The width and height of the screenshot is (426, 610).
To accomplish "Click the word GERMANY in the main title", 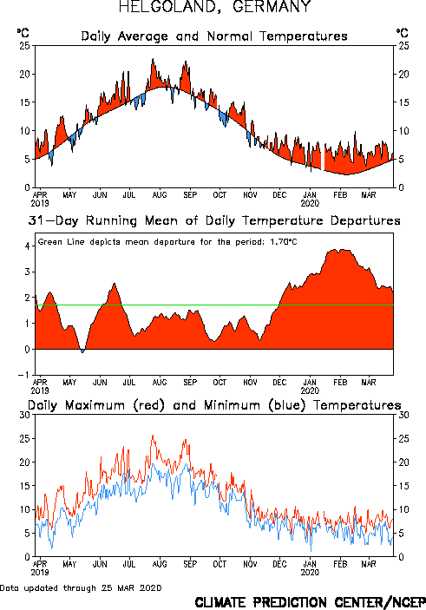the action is coord(272,6).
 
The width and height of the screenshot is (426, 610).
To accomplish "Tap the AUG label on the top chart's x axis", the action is coord(160,194).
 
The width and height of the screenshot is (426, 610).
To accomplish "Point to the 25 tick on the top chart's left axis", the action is coord(24,45).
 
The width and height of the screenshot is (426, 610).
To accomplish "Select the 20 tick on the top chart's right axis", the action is coord(403,74).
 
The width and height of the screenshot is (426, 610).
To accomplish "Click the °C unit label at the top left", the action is coord(23,33).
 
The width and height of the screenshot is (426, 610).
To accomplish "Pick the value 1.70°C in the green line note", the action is coord(284,242).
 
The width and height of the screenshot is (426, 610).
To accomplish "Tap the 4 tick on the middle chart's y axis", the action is coord(27,246).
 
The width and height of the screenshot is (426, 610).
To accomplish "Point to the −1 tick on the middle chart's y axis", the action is coord(23,375).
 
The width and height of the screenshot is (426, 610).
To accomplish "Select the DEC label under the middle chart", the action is coord(279,382).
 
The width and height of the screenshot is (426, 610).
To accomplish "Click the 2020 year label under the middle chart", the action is coord(310,390).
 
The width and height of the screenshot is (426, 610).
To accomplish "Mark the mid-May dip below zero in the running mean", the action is coord(82,351).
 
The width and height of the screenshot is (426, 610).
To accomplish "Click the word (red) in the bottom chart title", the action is coord(149,405).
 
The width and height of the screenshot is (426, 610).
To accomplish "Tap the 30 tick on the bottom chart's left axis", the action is coord(24,415).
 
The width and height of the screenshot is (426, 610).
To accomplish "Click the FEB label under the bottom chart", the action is coord(339,564).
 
